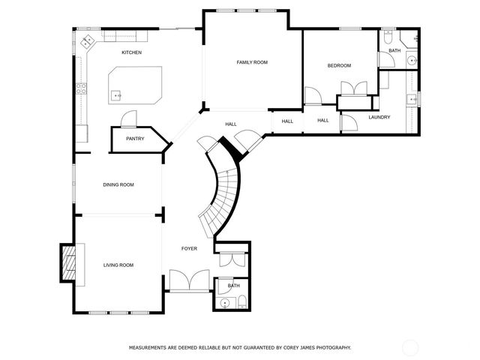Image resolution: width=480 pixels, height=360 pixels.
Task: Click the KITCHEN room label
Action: coord(131,52)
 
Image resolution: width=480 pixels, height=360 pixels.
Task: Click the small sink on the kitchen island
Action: coord(116,95)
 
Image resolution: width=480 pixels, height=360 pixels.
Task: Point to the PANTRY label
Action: coord(135,138)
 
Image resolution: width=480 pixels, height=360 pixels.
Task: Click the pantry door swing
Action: coord(129,118)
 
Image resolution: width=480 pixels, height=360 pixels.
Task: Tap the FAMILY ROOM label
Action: coord(252,62)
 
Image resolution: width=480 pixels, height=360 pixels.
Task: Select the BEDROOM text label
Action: coord(339,66)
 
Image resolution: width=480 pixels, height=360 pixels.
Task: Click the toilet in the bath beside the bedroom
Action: coord(388,37)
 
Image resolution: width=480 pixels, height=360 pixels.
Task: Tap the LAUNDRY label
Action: coord(379,117)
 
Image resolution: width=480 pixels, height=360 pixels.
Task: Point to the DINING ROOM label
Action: coord(118,184)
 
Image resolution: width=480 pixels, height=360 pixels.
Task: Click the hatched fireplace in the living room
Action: coord(70,263)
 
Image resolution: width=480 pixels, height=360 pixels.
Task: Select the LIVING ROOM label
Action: coord(118,265)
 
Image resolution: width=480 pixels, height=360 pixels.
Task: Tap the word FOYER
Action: coord(189,248)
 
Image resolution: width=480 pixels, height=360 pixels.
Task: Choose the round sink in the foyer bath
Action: coord(224,303)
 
